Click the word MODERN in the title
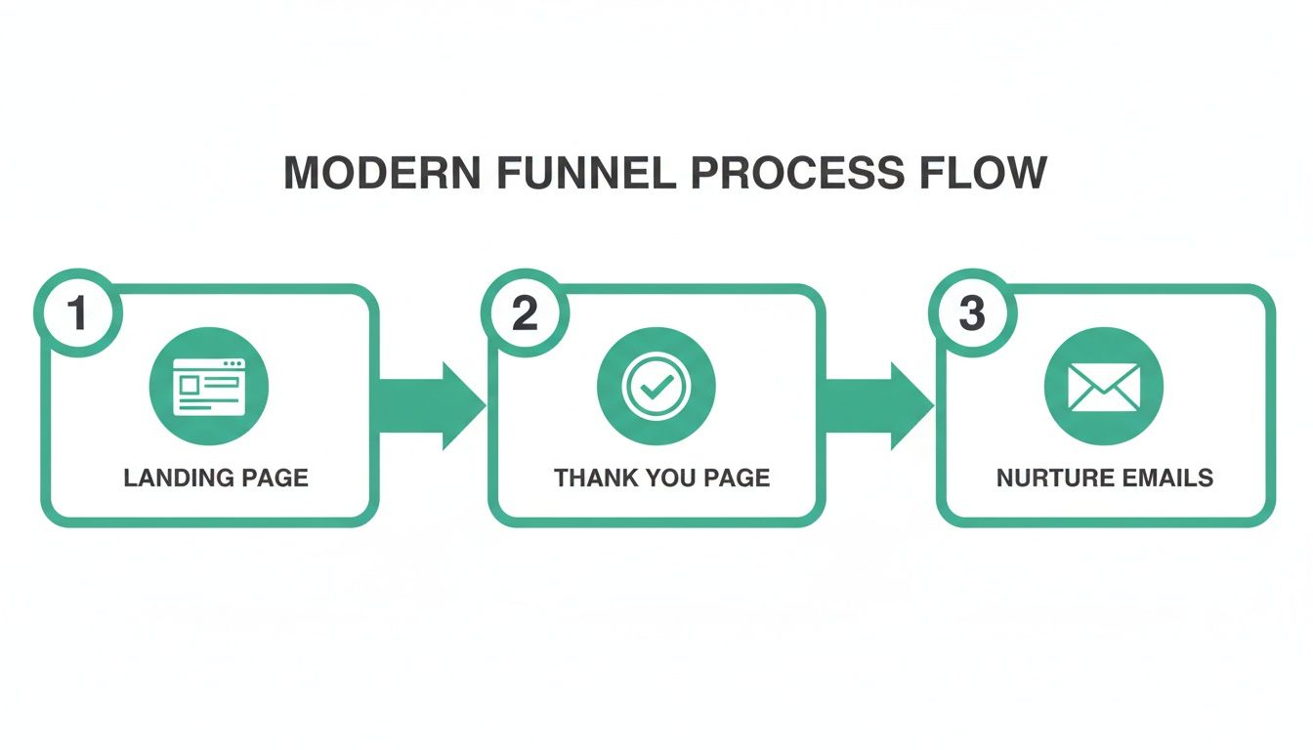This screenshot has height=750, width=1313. coord(382,174)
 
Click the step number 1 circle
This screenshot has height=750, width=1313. coord(77,313)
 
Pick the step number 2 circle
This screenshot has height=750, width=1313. coord(525,313)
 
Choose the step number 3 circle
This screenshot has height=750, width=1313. coord(972,313)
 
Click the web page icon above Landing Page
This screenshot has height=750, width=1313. coord(209,386)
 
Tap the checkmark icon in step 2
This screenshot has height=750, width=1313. coord(656,386)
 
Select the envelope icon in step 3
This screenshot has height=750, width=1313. coord(1104,386)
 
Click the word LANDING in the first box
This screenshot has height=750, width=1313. coord(180,478)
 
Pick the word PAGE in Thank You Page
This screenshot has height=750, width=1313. coord(738,478)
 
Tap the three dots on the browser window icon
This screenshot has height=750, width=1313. coord(233,364)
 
